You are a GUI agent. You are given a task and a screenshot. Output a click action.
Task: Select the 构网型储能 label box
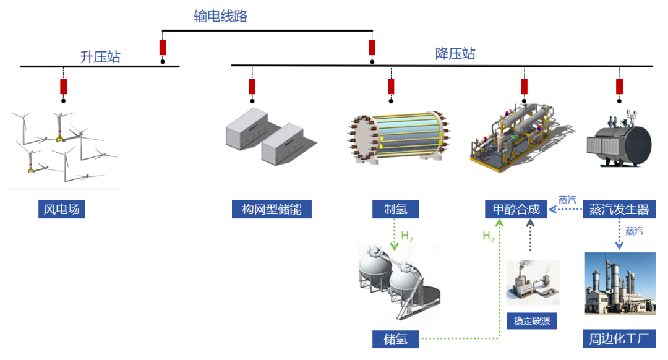click(x=272, y=209)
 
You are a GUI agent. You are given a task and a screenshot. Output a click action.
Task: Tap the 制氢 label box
click(x=395, y=209)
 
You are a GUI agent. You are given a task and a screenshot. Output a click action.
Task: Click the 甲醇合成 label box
click(x=516, y=209)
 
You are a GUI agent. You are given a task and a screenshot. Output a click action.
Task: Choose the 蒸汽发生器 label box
click(x=619, y=209)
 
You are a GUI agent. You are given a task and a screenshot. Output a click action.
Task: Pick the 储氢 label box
click(x=395, y=338)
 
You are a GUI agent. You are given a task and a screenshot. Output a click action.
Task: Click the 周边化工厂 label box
click(x=619, y=338)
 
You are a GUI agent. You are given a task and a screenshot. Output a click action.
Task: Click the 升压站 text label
click(x=100, y=57)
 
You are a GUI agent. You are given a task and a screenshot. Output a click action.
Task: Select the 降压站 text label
click(x=455, y=53)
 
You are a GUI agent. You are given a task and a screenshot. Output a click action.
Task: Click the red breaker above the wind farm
click(x=63, y=86)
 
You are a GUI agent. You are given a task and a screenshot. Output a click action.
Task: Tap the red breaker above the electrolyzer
click(x=391, y=86)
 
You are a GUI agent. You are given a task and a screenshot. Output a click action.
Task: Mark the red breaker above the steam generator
click(x=619, y=86)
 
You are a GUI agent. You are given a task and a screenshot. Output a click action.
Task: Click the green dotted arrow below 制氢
click(x=395, y=234)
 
